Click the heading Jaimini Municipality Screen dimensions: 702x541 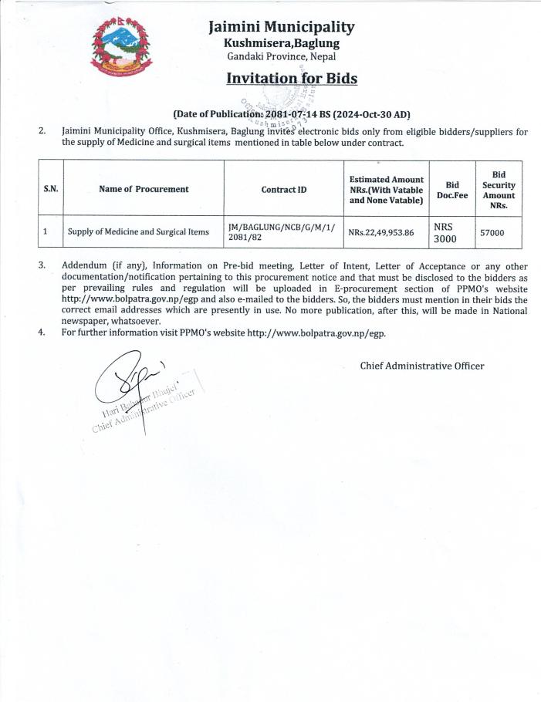[x=282, y=27]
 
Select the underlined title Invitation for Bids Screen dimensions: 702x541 [x=292, y=79]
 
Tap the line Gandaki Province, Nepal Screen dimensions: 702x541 [x=282, y=57]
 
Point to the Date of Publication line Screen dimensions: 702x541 [x=292, y=115]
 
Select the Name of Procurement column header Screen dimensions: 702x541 [x=144, y=188]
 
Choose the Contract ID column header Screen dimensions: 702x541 [x=283, y=188]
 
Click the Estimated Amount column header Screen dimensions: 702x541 [x=386, y=188]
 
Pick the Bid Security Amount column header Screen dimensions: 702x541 [x=498, y=190]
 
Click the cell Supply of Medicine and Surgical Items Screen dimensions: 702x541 [x=138, y=231]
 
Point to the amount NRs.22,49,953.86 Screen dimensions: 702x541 [x=381, y=231]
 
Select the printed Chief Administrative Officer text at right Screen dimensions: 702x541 [x=422, y=366]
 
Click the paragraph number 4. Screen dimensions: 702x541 [x=42, y=332]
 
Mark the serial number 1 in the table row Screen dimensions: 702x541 [x=46, y=231]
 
